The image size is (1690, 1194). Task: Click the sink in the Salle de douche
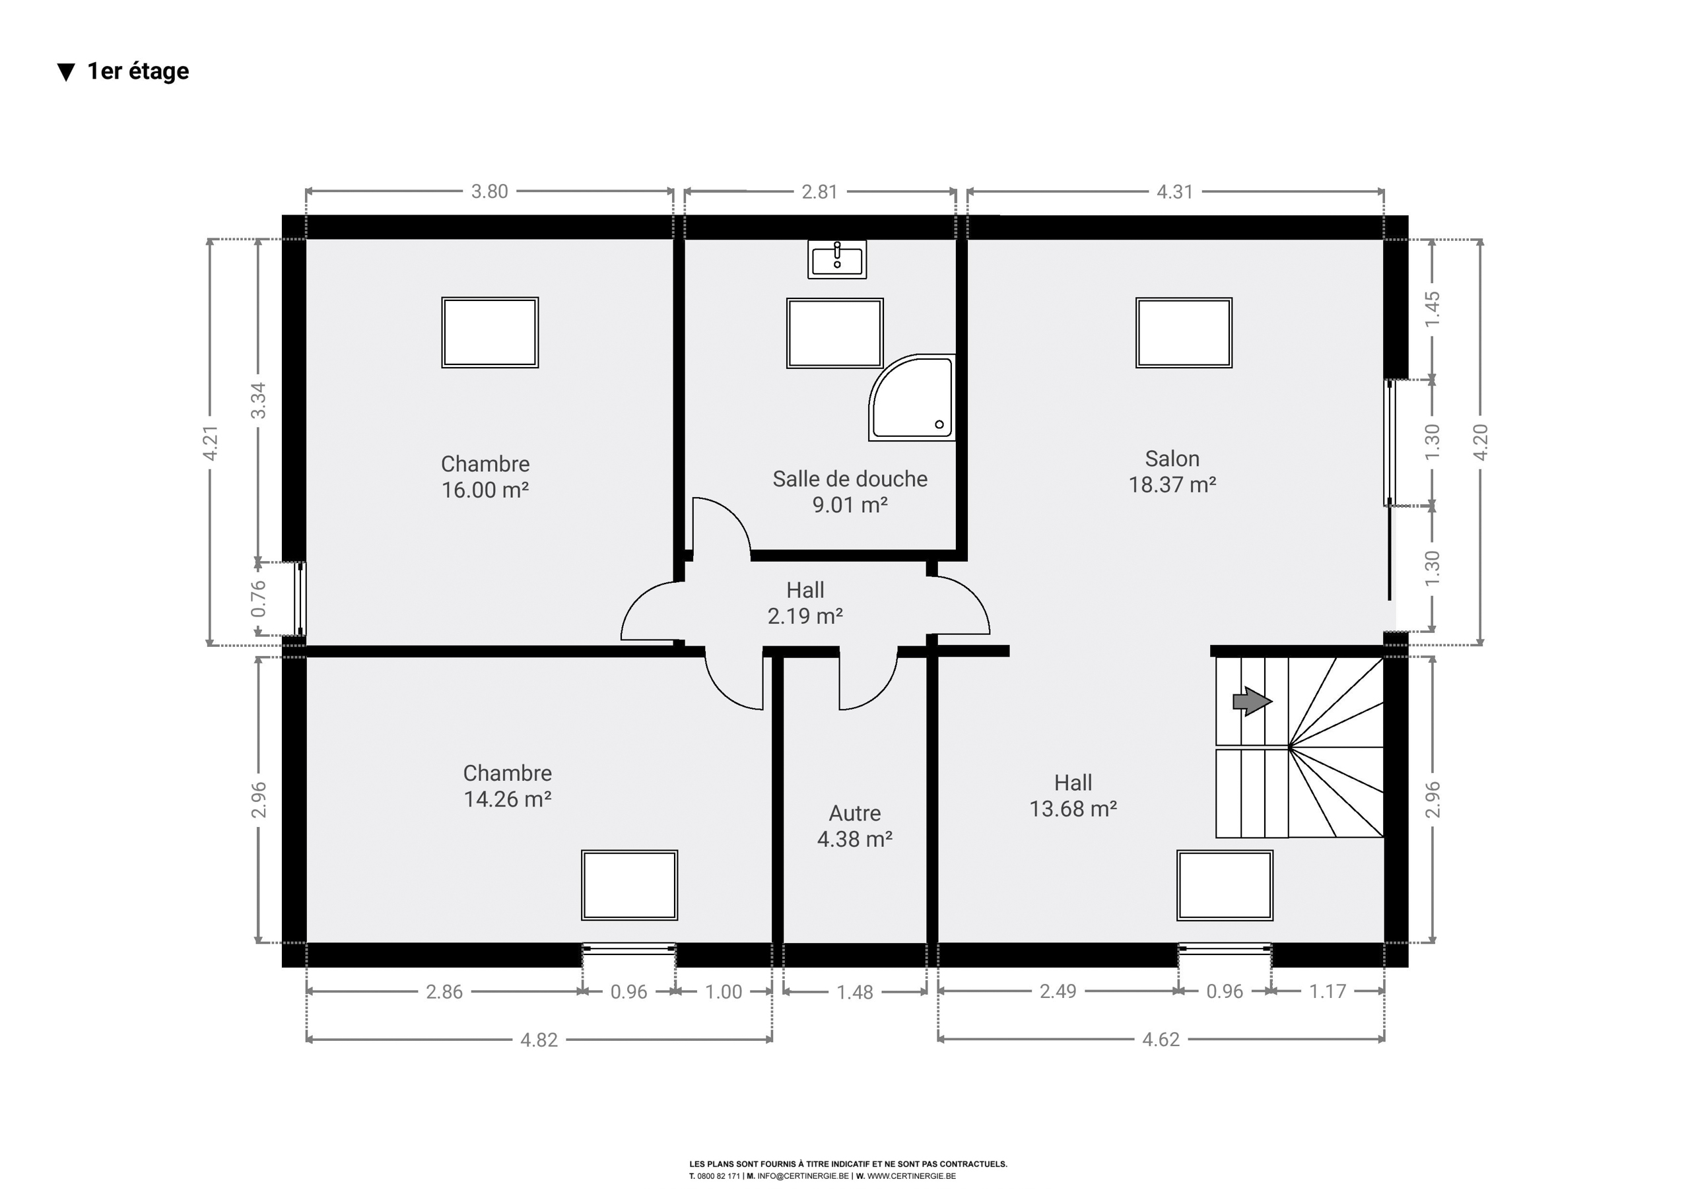click(x=837, y=259)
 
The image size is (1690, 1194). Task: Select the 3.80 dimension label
click(x=489, y=191)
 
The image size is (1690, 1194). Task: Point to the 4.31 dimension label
click(x=1175, y=191)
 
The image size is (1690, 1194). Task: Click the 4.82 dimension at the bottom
click(x=539, y=1040)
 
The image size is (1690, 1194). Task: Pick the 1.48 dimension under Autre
click(x=854, y=992)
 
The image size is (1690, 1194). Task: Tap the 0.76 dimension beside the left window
click(x=258, y=599)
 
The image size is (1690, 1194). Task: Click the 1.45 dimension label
click(x=1432, y=310)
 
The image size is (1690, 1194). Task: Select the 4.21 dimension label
click(x=211, y=443)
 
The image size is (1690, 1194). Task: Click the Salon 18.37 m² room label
click(x=1172, y=471)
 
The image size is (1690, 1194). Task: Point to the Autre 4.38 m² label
click(x=854, y=826)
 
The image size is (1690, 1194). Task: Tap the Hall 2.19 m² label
click(x=805, y=602)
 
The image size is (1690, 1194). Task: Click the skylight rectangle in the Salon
click(x=1184, y=333)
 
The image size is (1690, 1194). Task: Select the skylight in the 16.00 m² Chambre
click(x=490, y=333)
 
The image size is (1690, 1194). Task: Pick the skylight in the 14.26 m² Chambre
click(x=629, y=885)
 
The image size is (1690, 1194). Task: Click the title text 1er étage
click(x=139, y=71)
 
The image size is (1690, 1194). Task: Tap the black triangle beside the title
click(x=66, y=72)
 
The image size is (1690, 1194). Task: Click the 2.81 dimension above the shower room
click(x=820, y=191)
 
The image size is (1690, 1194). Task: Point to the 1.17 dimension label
click(x=1327, y=991)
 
